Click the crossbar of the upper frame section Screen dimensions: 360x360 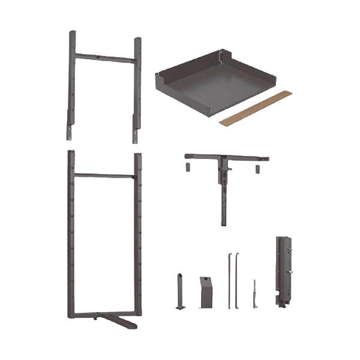(105, 58)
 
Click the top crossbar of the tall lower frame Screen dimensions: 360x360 (105, 175)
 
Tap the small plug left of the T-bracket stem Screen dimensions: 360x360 (188, 166)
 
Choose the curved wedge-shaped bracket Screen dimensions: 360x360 (206, 293)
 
